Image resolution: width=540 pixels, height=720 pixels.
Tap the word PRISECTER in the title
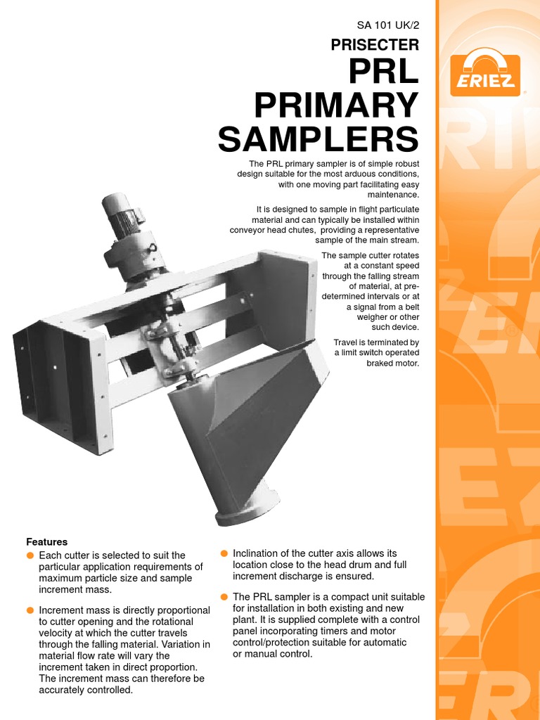coord(375,45)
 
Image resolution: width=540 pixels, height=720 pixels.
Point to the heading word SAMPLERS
coord(318,139)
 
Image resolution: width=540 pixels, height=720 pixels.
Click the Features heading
coord(47,542)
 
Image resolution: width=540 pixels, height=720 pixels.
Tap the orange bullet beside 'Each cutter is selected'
coord(30,555)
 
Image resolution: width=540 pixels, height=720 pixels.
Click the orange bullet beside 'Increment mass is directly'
coord(30,610)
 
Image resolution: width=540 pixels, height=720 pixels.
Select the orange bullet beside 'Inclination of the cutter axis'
coord(224,553)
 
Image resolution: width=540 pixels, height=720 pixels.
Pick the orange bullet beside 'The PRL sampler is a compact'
coord(224,596)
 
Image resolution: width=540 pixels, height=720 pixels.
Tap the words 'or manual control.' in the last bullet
coord(272,654)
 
